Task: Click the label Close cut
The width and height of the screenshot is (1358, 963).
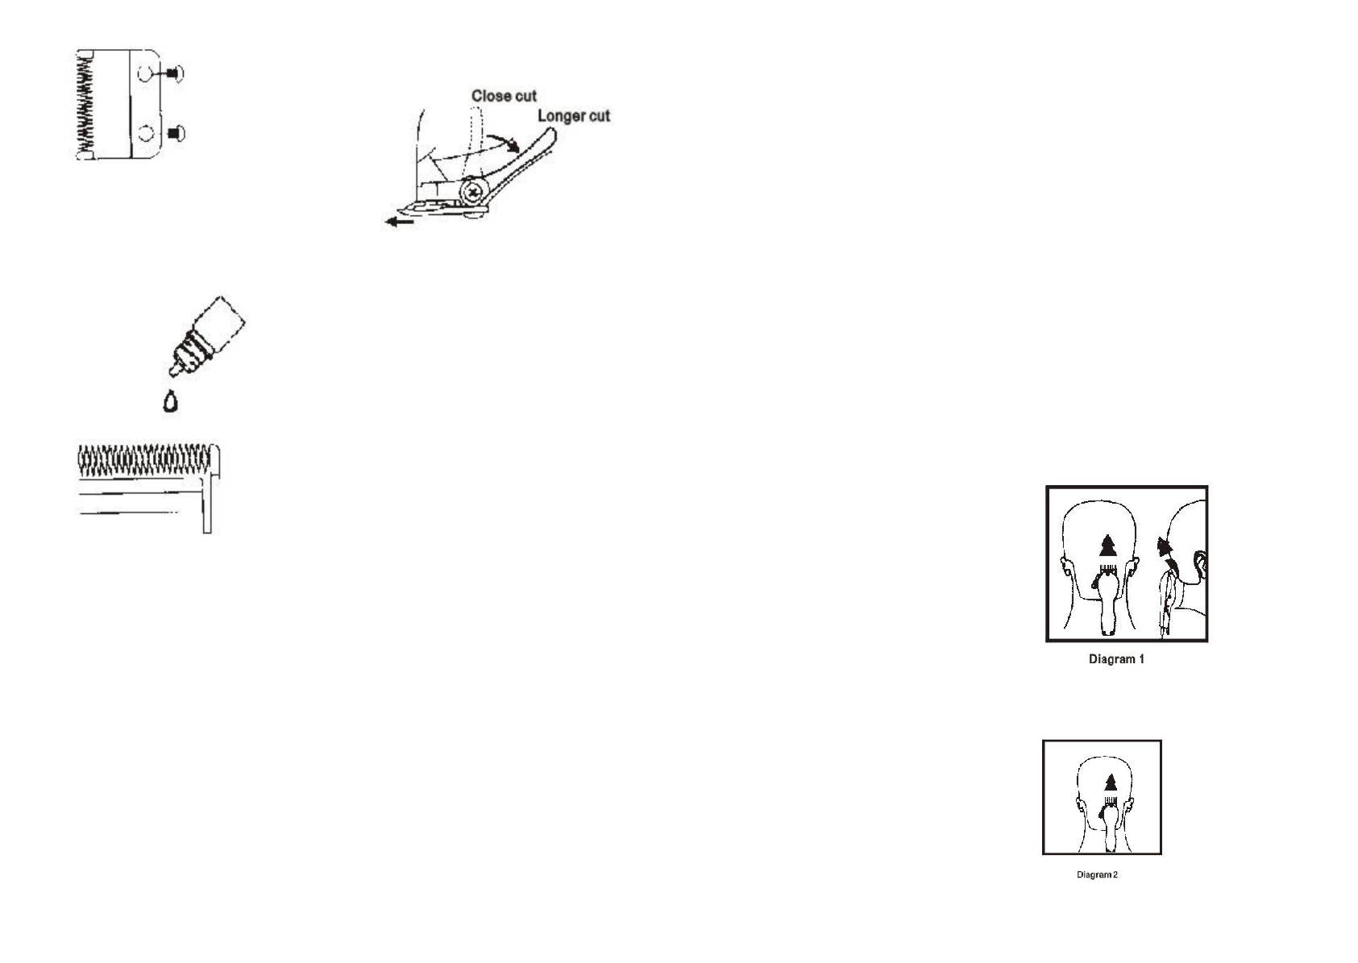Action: point(504,96)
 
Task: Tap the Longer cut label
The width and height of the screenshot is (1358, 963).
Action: point(573,116)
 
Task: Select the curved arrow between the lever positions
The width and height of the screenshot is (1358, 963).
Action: point(503,143)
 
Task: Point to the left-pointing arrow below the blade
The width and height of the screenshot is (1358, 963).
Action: point(400,221)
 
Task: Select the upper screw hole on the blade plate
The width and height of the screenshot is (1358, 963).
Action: point(145,74)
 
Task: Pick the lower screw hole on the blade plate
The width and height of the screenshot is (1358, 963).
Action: point(145,132)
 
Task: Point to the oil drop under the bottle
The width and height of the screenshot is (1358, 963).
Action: point(170,401)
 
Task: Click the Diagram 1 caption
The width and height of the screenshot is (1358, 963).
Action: point(1116,659)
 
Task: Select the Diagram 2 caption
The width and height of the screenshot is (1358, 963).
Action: point(1097,875)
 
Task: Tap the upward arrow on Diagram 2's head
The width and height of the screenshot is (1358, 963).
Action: point(1111,782)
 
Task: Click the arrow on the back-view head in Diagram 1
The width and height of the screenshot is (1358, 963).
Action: point(1109,545)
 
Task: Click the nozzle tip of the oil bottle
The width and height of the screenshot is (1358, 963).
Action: point(172,372)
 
